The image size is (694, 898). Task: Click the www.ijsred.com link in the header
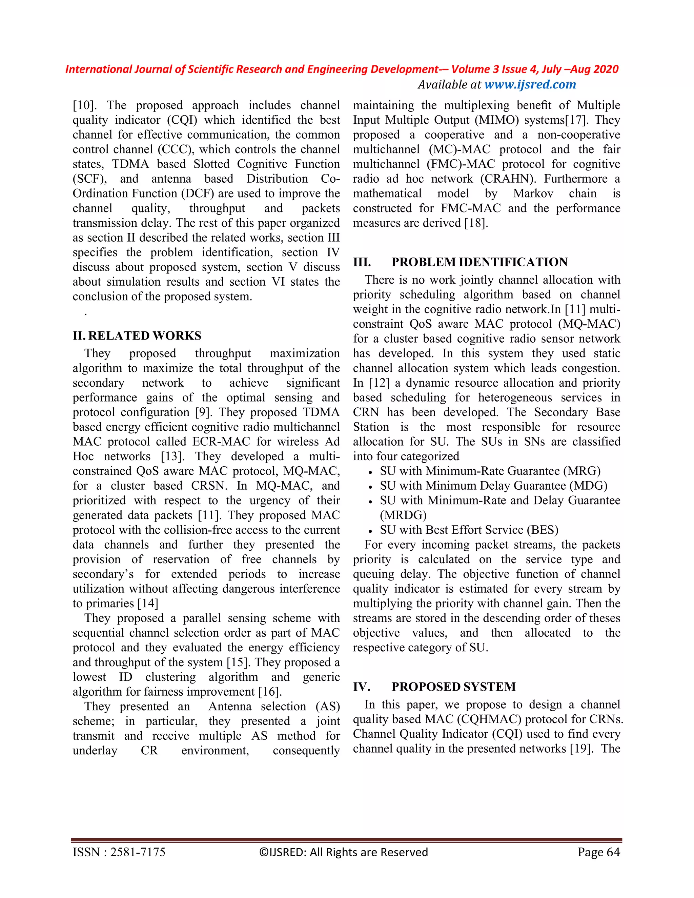coord(530,84)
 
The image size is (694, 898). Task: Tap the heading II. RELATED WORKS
coord(137,335)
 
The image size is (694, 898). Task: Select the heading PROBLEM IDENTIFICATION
coord(479,262)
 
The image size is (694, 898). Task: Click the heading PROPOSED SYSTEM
coord(453,687)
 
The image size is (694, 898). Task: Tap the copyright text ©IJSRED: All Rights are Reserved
coord(343,852)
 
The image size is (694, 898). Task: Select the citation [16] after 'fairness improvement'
coord(270,692)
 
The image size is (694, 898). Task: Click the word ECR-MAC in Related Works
coord(221,442)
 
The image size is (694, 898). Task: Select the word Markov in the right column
coord(533,193)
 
